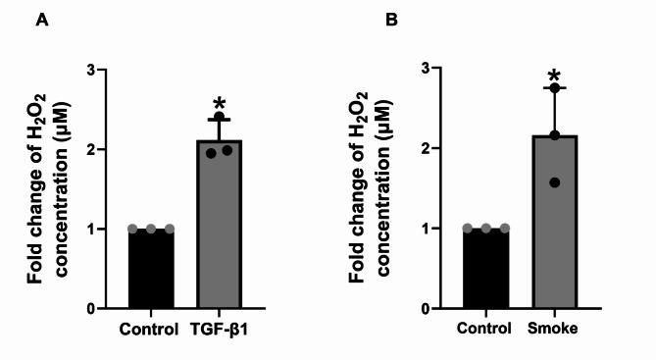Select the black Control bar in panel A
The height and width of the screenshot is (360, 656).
tap(152, 269)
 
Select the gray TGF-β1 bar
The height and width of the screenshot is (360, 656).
tap(219, 226)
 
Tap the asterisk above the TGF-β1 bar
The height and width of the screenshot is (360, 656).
tap(219, 103)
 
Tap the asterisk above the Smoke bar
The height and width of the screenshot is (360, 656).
tap(554, 78)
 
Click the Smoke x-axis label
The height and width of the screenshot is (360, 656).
tap(555, 329)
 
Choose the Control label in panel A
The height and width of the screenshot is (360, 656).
tap(150, 329)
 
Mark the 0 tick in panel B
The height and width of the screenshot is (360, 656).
tap(427, 309)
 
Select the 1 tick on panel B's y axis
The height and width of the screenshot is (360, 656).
tap(427, 229)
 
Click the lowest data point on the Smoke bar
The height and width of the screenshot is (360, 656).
tap(554, 182)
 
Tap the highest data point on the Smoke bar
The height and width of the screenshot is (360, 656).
tap(554, 89)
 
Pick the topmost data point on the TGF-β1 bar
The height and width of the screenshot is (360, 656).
tap(220, 117)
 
